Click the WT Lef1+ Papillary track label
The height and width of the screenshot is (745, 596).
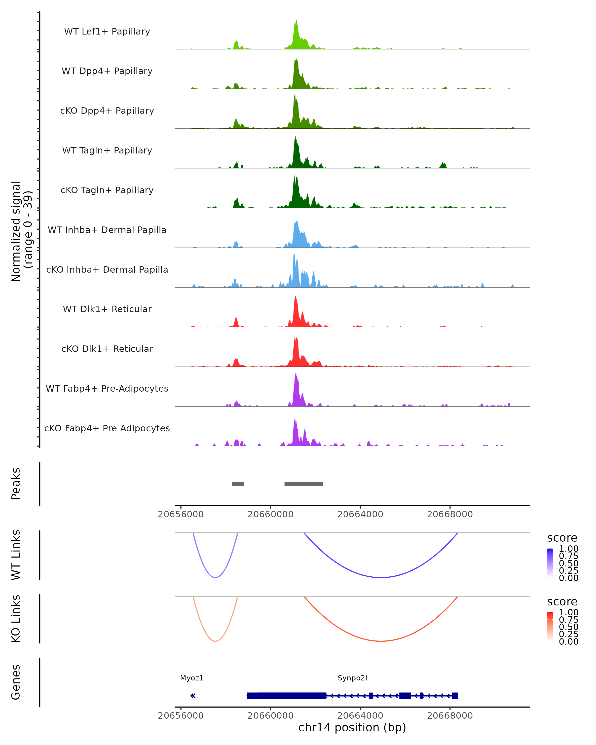[x=107, y=32]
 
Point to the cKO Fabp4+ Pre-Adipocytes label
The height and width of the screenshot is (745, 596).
[x=107, y=428]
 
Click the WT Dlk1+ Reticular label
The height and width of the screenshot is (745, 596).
[x=107, y=309]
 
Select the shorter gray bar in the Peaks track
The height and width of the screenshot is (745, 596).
[x=237, y=484]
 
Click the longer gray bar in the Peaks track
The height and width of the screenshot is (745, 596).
[x=304, y=484]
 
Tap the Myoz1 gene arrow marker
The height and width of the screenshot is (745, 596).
[x=193, y=696]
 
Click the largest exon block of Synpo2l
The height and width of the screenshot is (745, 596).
[x=286, y=696]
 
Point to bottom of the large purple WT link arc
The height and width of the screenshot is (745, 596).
[x=381, y=577]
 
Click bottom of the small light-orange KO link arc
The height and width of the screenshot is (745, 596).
[x=215, y=641]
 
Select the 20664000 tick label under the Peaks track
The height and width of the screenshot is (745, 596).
[x=360, y=515]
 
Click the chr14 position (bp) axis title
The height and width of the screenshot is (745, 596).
[x=352, y=728]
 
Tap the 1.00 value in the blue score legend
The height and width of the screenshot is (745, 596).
[x=568, y=549]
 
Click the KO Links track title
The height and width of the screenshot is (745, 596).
[x=16, y=619]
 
